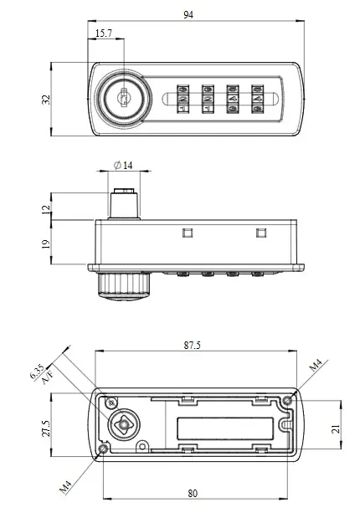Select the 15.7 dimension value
coord(105,33)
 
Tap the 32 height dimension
coord(46,99)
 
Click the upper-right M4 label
coord(316,366)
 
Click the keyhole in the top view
coord(122,99)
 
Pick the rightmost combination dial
coord(258,99)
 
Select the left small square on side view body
coord(187,233)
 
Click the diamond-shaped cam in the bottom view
coord(123,424)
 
